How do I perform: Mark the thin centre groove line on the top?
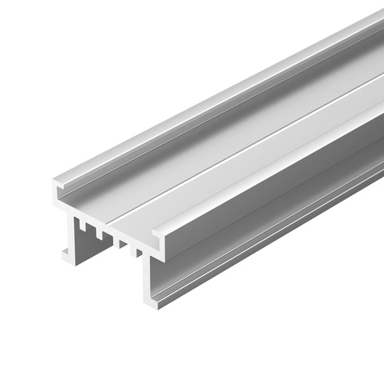pos(234,140)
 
